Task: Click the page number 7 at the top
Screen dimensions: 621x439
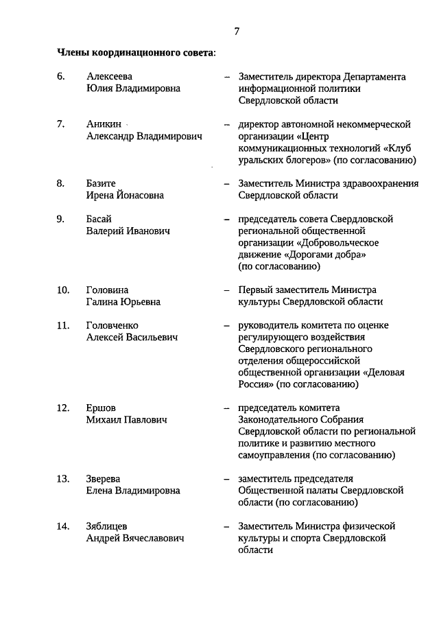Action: tap(237, 31)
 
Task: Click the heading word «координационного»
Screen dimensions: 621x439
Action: tap(129, 51)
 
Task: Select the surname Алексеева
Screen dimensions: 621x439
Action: tap(110, 77)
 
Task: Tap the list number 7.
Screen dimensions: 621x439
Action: tap(60, 124)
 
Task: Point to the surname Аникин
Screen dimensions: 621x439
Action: tap(104, 124)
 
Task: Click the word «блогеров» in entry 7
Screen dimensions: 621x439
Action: tap(302, 161)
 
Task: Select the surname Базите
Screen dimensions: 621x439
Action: tap(102, 183)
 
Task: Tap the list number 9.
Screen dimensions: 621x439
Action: tap(60, 219)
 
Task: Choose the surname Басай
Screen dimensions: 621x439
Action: tap(99, 219)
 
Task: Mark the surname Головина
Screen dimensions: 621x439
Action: tap(107, 290)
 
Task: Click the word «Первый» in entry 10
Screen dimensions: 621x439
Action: tap(255, 290)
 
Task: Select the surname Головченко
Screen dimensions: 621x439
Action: tap(112, 325)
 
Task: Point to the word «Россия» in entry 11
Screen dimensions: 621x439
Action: tap(256, 384)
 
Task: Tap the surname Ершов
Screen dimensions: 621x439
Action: tap(101, 408)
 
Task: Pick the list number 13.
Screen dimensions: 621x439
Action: tap(62, 478)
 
